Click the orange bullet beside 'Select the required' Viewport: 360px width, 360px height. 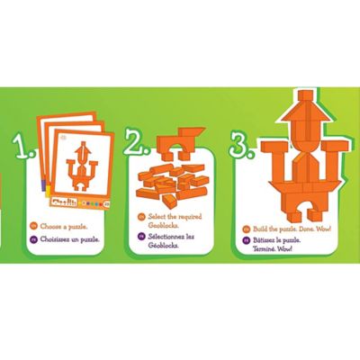click(x=141, y=217)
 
